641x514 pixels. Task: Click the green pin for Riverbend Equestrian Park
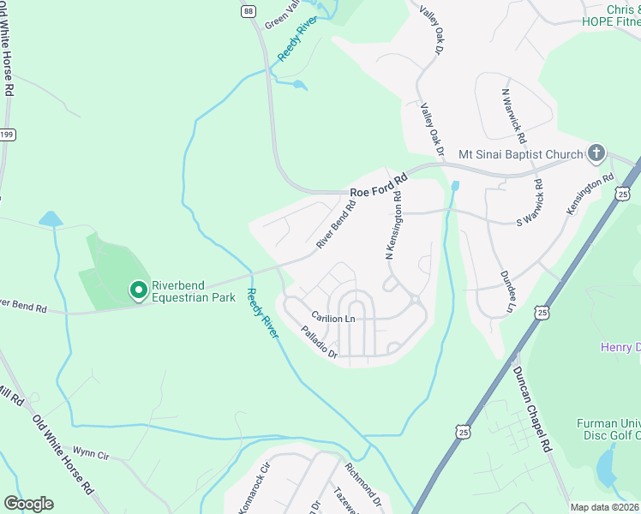(137, 291)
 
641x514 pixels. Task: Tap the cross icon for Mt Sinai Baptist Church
(596, 154)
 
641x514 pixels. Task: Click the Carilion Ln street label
(332, 318)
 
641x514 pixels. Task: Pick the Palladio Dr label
(320, 341)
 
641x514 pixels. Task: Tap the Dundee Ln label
(506, 292)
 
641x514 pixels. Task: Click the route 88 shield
(248, 10)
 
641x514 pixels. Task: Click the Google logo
(28, 504)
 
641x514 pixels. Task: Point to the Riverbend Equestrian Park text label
(193, 291)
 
